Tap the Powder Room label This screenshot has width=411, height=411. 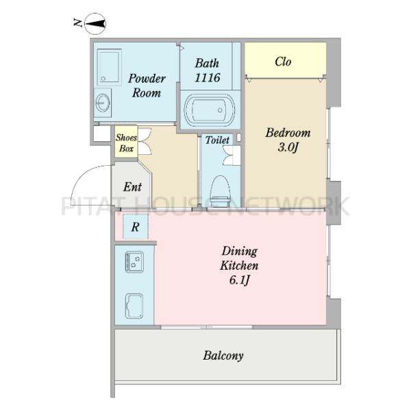coord(147,86)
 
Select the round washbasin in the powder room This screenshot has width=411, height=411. coord(103,103)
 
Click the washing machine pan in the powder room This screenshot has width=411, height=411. coord(109,67)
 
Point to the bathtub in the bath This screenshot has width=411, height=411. coord(210,110)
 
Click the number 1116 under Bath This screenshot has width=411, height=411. coord(208,77)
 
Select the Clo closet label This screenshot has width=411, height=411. coord(283,62)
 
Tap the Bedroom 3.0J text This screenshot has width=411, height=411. coord(288,140)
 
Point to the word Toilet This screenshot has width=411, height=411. coord(217,140)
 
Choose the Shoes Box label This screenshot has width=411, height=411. coord(126,143)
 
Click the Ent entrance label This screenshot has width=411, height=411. coord(133,187)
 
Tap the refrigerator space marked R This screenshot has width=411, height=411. coord(136,227)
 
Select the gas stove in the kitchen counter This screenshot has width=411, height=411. coord(134,262)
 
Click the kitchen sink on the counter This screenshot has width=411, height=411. coord(134,306)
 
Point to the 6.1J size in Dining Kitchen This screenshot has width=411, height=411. coord(239,281)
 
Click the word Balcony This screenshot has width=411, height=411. coord(223,356)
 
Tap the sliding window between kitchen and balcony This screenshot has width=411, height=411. coord(207,327)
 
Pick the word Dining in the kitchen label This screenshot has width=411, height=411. coord(240,251)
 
